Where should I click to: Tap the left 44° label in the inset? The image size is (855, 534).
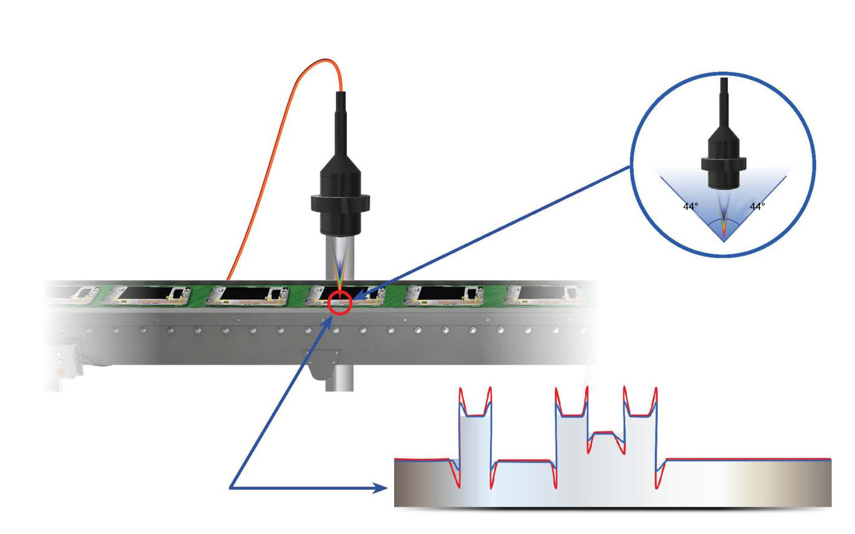point(691,207)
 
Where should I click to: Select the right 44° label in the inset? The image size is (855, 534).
point(757,207)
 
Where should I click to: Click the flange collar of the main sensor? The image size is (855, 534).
point(340,203)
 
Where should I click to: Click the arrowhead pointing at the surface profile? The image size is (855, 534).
point(380,488)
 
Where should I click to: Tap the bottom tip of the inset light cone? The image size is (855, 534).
point(723,242)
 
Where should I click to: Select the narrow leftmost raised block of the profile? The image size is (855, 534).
point(475,439)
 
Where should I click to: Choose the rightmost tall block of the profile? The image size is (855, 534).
point(640,439)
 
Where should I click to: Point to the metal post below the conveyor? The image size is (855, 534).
point(340,377)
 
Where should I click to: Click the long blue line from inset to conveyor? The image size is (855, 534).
point(492,232)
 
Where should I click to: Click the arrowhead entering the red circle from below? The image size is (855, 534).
point(329,322)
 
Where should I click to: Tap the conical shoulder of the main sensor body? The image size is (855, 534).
point(340,164)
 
